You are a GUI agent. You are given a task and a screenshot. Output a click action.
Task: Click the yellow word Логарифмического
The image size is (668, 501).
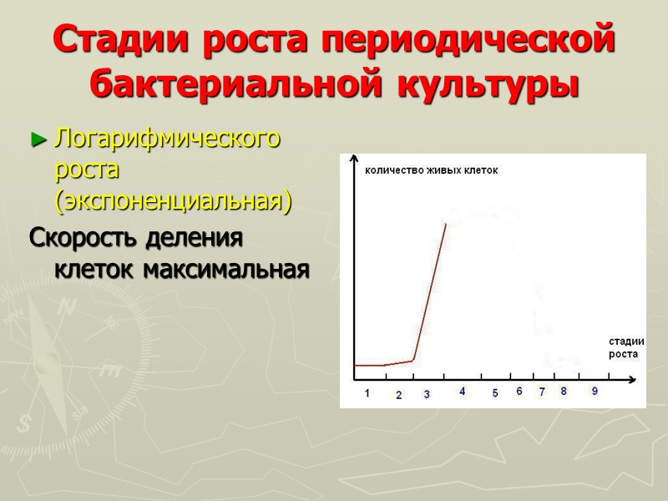166,139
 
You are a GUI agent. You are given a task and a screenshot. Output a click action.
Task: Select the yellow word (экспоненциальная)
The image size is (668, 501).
173,201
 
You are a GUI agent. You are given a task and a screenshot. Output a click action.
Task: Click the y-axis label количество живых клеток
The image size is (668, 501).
431,170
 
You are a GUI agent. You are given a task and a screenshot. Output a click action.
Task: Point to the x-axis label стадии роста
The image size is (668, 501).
625,347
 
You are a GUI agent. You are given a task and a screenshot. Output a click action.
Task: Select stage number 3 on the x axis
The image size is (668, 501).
427,394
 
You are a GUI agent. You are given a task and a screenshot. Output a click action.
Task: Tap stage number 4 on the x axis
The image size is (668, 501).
463,391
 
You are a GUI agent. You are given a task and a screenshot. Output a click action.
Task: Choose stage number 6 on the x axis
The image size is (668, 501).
519,391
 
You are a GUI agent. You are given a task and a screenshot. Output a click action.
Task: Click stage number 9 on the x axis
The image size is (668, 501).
595,391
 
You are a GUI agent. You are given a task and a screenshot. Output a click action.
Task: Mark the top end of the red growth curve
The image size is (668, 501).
446,224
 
